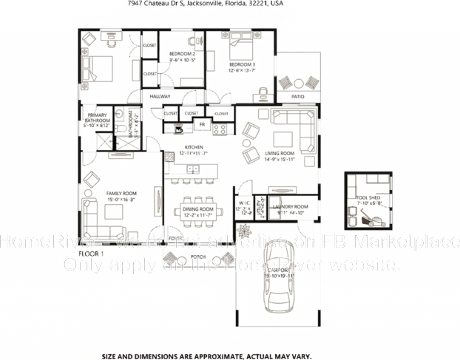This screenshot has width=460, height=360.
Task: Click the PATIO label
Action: pos(298,96)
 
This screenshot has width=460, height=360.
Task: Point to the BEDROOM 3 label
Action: pos(242,65)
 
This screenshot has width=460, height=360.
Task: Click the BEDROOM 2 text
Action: pos(182,54)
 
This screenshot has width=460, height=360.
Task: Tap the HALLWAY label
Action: pos(160,96)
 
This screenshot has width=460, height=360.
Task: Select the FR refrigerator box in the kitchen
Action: pos(201,125)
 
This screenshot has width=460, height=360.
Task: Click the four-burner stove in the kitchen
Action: pos(220,129)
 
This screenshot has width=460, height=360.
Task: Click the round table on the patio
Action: pos(299,83)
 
